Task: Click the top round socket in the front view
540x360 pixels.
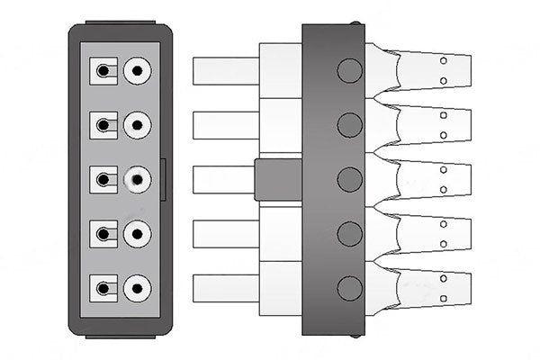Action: pos(137,71)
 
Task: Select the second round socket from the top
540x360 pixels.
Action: pos(137,125)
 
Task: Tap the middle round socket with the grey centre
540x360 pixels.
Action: pos(137,180)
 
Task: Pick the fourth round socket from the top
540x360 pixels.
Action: pos(137,235)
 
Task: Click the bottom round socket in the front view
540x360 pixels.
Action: pos(137,289)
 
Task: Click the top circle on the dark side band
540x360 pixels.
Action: pos(348,70)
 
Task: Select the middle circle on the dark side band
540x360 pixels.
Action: pos(348,179)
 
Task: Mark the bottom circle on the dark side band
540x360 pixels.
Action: pos(348,288)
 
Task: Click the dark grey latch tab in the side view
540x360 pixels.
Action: pos(278,179)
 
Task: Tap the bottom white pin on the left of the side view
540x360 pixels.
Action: pos(226,288)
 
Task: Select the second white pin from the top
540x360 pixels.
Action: pos(226,125)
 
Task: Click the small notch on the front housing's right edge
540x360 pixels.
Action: pos(164,180)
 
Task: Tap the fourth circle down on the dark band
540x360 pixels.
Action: pos(348,234)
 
